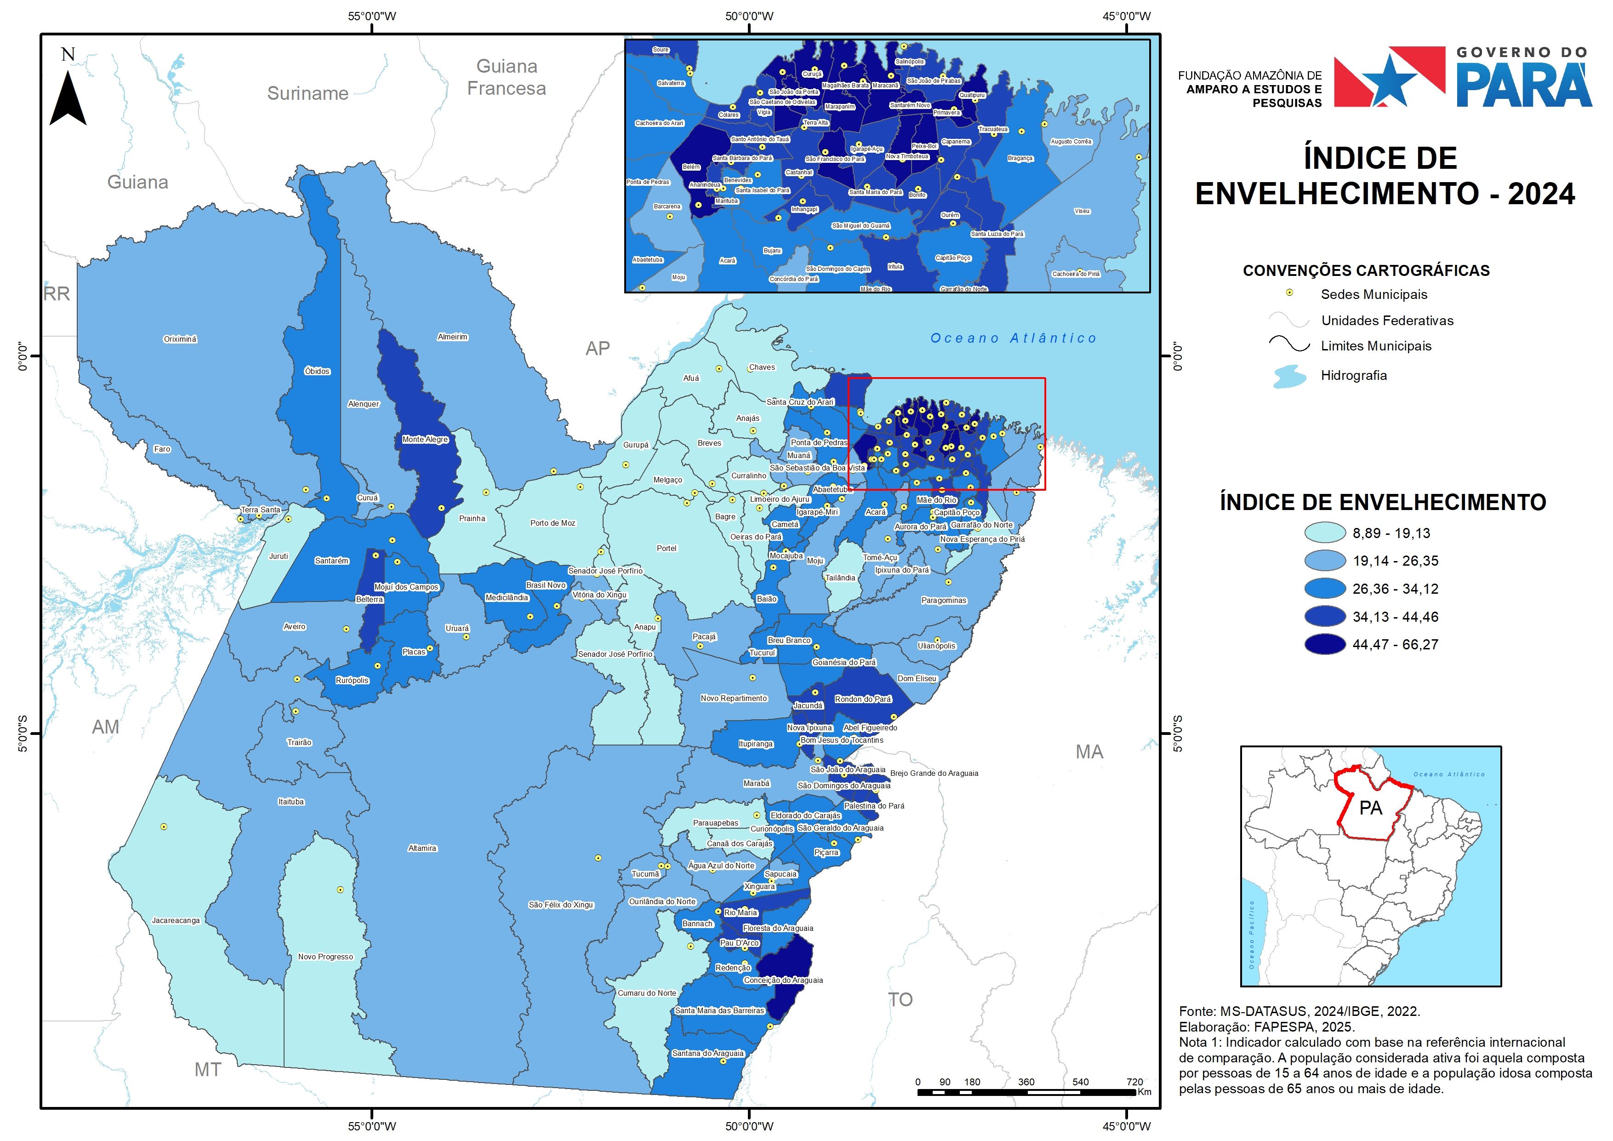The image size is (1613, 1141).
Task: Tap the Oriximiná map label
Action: pyautogui.click(x=180, y=339)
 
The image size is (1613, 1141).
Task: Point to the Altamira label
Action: pyautogui.click(x=422, y=848)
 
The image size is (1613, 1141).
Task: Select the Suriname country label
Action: pyautogui.click(x=308, y=93)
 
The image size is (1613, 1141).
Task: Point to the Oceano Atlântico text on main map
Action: pyautogui.click(x=1013, y=338)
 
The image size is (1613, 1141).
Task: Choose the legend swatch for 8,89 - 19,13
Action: pyautogui.click(x=1325, y=533)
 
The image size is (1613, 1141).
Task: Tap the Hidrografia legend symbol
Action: pyautogui.click(x=1290, y=376)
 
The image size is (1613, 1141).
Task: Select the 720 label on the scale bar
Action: pyautogui.click(x=1134, y=1082)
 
